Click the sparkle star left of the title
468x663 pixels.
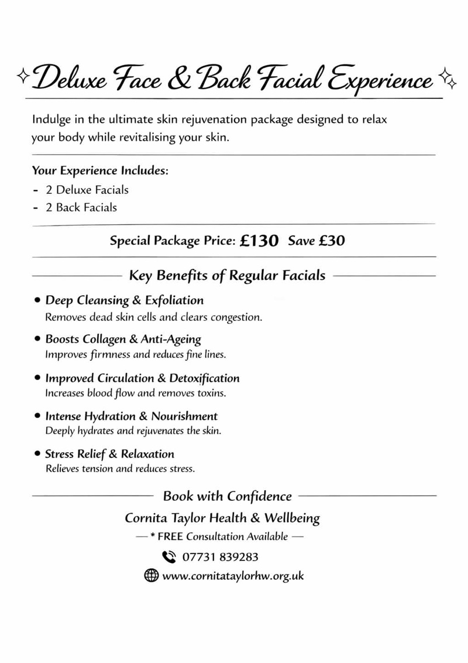click(x=23, y=75)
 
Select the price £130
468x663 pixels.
click(x=259, y=241)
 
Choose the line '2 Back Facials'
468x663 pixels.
click(x=81, y=207)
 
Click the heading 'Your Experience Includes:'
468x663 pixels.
click(x=100, y=172)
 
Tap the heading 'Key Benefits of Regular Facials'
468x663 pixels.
click(x=227, y=275)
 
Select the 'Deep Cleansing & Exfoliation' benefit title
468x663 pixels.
click(x=124, y=300)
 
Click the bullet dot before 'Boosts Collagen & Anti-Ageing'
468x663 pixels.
click(x=37, y=339)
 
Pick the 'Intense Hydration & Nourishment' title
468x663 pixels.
click(x=131, y=416)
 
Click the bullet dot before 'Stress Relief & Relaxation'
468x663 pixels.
click(x=37, y=454)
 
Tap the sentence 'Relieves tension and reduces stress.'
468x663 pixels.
click(x=120, y=469)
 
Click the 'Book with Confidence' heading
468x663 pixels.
click(x=227, y=496)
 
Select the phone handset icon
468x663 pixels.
click(x=169, y=556)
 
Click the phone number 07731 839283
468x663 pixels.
click(x=221, y=557)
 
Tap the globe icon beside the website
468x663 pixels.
click(x=151, y=576)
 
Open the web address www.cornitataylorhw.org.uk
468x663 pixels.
click(x=233, y=576)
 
